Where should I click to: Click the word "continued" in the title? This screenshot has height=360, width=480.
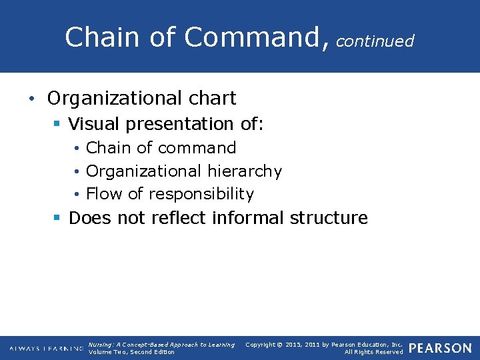[x=375, y=41]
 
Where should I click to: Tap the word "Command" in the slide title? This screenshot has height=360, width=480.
[x=254, y=37]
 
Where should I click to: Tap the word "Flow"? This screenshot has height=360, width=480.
[x=104, y=194]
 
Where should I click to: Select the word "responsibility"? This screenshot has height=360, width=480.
[x=201, y=195]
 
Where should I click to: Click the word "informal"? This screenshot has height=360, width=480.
[x=249, y=218]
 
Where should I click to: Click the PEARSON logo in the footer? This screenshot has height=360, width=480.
[x=439, y=348]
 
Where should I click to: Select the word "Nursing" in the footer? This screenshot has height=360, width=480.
[x=101, y=345]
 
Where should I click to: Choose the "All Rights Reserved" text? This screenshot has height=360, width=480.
[x=373, y=352]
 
